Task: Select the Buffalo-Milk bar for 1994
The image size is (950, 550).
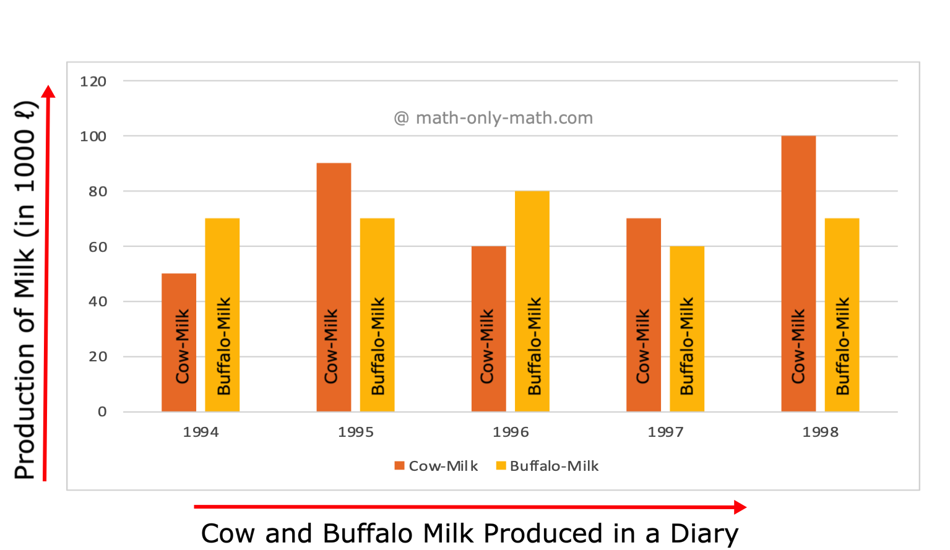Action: pyautogui.click(x=222, y=315)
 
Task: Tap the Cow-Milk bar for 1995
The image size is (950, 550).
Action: pyautogui.click(x=334, y=287)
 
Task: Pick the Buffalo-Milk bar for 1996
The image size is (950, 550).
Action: pyautogui.click(x=532, y=301)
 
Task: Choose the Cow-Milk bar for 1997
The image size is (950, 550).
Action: pyautogui.click(x=644, y=315)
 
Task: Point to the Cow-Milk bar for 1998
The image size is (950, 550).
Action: pyautogui.click(x=798, y=273)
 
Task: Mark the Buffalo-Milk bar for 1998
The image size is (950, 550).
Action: pyautogui.click(x=842, y=315)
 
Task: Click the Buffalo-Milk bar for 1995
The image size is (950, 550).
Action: pyautogui.click(x=377, y=315)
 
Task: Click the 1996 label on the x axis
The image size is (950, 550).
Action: pyautogui.click(x=511, y=432)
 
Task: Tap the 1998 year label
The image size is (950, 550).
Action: pyautogui.click(x=821, y=432)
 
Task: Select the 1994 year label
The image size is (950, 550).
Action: pyautogui.click(x=201, y=432)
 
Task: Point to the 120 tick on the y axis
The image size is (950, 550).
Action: pyautogui.click(x=93, y=81)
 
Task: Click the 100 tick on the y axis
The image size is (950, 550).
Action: pyautogui.click(x=93, y=136)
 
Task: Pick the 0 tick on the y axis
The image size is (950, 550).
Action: pyautogui.click(x=102, y=411)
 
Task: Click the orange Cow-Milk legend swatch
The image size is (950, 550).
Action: pyautogui.click(x=399, y=466)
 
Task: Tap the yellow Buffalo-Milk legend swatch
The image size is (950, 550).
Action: pyautogui.click(x=501, y=466)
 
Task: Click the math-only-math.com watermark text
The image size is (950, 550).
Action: pyautogui.click(x=493, y=118)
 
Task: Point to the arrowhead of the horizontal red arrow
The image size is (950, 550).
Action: pyautogui.click(x=740, y=507)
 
